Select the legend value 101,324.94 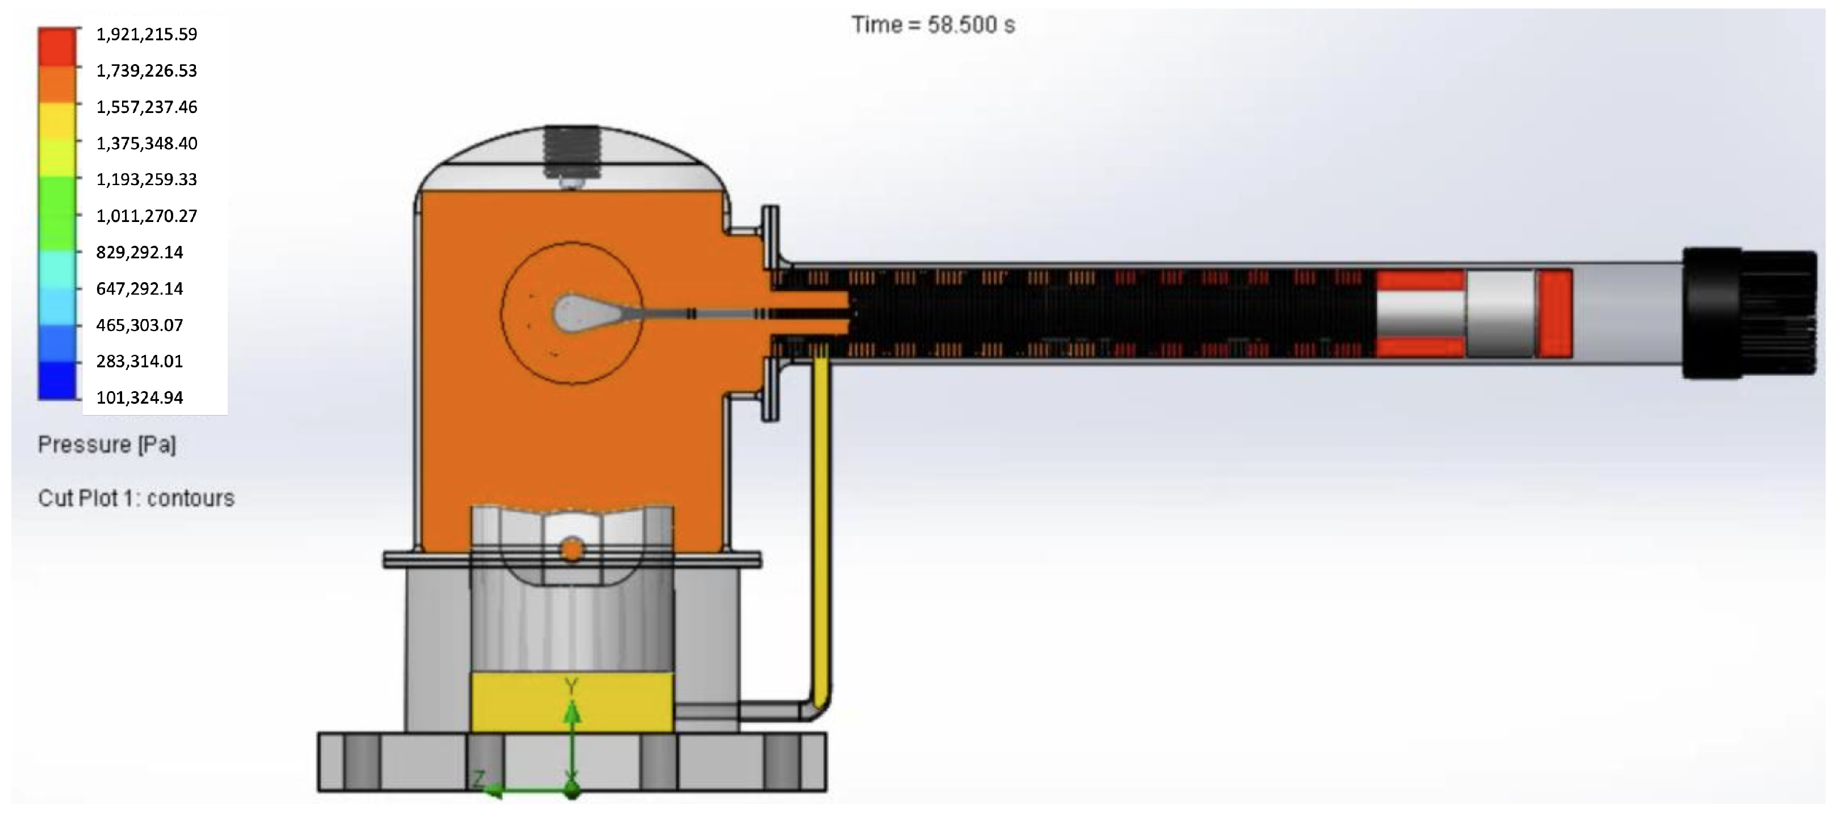(x=140, y=397)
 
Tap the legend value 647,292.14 (x=140, y=288)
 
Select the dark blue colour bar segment (x=57, y=380)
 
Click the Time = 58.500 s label (x=933, y=26)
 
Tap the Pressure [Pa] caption (x=107, y=445)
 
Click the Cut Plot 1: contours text (x=136, y=498)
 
